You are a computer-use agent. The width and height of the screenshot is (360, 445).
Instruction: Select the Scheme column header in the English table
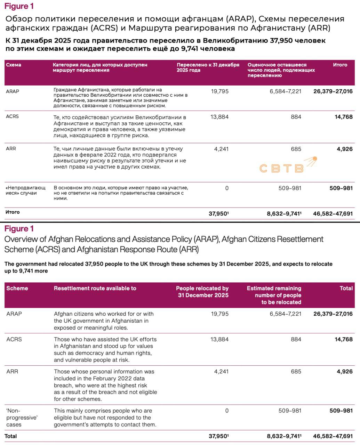(x=17, y=288)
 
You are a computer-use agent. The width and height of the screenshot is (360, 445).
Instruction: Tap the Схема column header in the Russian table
(x=14, y=65)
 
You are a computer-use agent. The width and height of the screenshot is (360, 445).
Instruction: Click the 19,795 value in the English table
(x=219, y=314)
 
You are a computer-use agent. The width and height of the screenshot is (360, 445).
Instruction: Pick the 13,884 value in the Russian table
(x=219, y=117)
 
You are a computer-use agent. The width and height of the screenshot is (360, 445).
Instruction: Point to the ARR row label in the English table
(x=12, y=371)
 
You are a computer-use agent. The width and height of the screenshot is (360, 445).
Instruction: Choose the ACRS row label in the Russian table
(x=12, y=116)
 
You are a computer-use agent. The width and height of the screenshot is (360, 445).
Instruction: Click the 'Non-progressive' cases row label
(x=22, y=418)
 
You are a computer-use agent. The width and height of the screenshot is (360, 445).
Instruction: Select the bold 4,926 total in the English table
(x=344, y=371)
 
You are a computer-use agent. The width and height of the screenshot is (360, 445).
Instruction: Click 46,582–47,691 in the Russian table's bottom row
(x=333, y=214)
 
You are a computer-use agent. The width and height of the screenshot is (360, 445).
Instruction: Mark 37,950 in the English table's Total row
(x=218, y=436)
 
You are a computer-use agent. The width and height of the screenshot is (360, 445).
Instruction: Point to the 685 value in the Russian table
(x=296, y=149)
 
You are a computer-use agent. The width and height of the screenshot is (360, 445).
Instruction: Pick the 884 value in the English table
(x=296, y=339)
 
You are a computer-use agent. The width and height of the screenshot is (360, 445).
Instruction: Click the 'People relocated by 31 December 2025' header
(x=202, y=292)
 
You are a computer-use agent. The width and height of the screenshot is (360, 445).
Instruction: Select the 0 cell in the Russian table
(x=227, y=188)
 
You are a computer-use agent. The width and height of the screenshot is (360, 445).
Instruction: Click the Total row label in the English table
(x=11, y=436)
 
